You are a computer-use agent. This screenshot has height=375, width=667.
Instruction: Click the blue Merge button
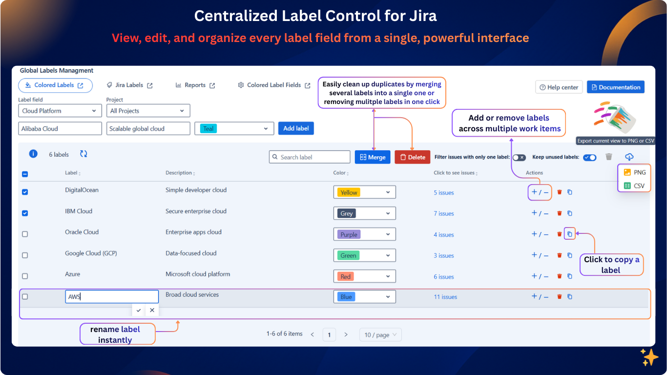373,157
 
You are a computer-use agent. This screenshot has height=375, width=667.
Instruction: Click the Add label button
296,128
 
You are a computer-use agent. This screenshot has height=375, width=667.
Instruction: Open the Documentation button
615,87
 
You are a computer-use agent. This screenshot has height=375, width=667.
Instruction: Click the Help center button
559,87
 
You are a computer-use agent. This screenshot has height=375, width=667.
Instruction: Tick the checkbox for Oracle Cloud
25,234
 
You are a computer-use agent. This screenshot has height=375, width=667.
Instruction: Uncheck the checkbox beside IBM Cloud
25,213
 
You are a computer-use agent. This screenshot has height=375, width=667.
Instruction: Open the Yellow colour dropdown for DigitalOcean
364,192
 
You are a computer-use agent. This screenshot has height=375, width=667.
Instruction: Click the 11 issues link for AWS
445,297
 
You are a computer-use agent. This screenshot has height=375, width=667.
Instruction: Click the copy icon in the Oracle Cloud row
569,234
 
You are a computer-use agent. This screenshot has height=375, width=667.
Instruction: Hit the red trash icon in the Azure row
560,276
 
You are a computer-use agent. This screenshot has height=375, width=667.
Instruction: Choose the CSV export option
634,186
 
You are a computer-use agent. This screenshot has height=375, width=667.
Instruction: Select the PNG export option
634,172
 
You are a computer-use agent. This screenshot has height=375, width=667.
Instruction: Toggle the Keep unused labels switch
590,157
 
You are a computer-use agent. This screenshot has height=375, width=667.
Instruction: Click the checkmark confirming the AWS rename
139,310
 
